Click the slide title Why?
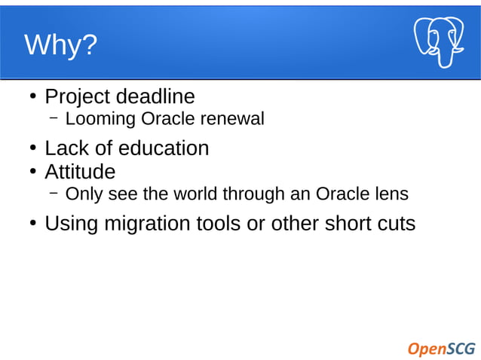pyautogui.click(x=61, y=45)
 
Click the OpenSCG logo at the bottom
pyautogui.click(x=441, y=348)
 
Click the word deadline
pyautogui.click(x=158, y=97)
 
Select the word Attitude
pyautogui.click(x=80, y=172)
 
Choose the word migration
pyautogui.click(x=147, y=224)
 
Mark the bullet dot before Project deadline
pyautogui.click(x=33, y=98)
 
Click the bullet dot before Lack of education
pyautogui.click(x=33, y=149)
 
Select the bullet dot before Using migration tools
pyautogui.click(x=33, y=224)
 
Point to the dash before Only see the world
pyautogui.click(x=54, y=194)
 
